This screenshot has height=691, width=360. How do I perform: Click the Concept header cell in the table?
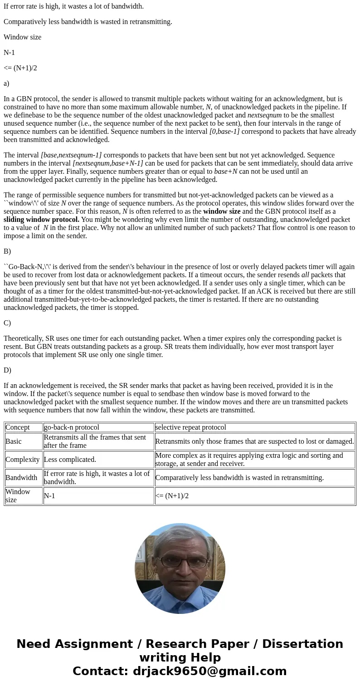click(x=18, y=427)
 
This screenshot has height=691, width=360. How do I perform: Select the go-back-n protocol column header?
click(x=72, y=427)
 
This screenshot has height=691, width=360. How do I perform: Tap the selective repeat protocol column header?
click(x=191, y=427)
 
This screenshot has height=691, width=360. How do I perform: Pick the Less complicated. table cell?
click(x=70, y=460)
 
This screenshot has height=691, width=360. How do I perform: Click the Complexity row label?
click(x=23, y=460)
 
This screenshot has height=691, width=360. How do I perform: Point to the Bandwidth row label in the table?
click(x=21, y=478)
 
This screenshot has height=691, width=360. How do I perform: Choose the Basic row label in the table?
click(x=14, y=441)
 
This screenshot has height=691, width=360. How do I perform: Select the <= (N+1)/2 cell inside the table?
click(x=172, y=496)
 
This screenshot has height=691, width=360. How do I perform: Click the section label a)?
click(x=6, y=83)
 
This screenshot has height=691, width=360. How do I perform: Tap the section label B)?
click(x=7, y=251)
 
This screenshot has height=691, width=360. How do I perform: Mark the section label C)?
click(x=7, y=323)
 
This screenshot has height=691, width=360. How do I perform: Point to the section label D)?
click(x=7, y=370)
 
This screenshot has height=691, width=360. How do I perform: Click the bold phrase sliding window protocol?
click(x=41, y=220)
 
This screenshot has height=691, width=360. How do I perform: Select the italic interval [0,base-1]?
click(x=224, y=132)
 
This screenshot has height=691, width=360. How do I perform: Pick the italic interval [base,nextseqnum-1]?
click(x=71, y=155)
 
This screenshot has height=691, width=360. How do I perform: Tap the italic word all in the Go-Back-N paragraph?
click(x=305, y=275)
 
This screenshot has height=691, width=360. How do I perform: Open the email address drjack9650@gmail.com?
click(x=209, y=671)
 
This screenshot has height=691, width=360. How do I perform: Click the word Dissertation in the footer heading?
click(x=302, y=644)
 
